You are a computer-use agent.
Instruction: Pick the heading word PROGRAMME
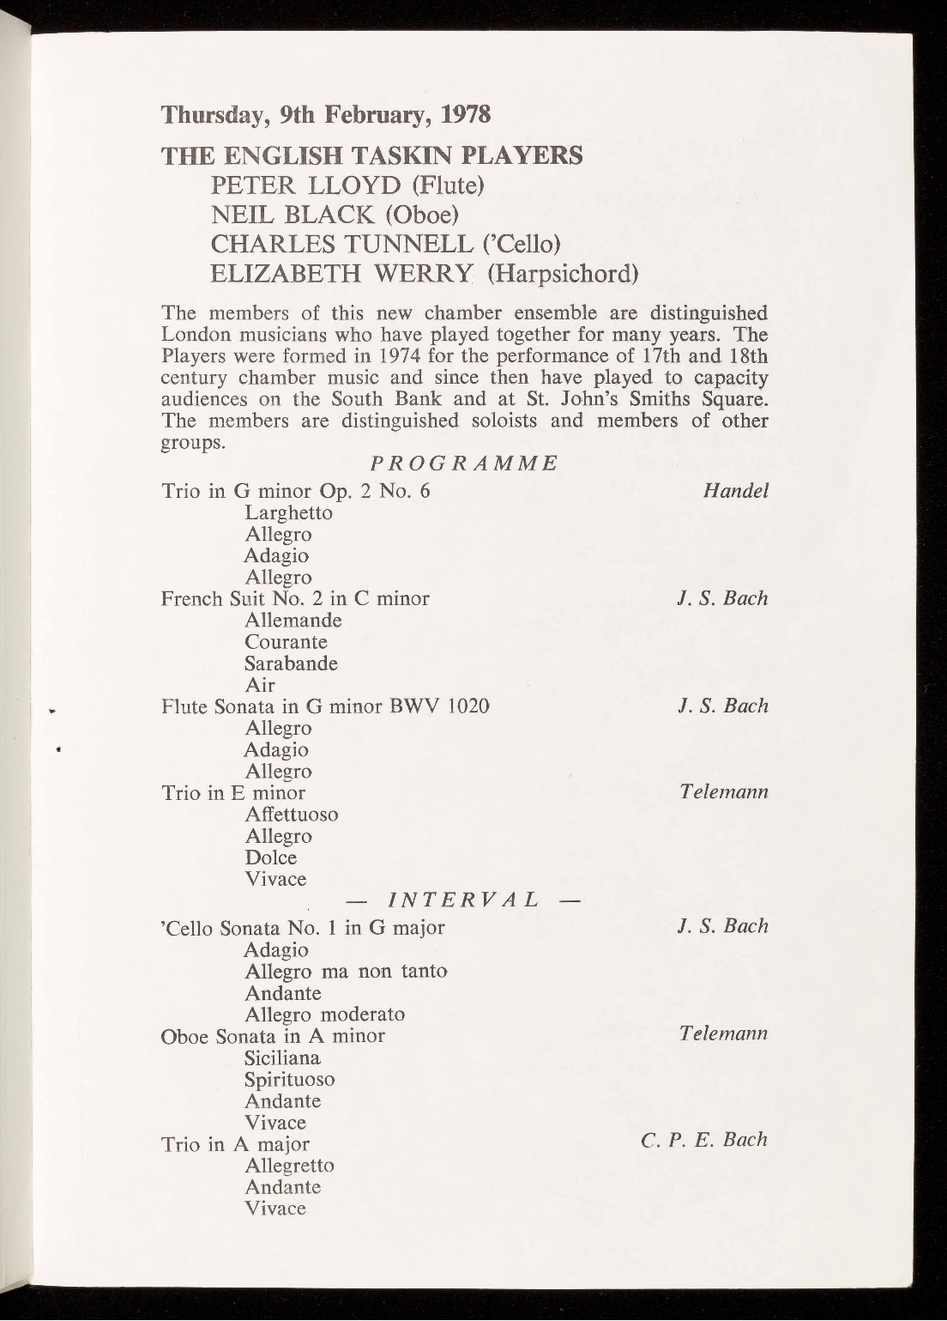pyautogui.click(x=464, y=464)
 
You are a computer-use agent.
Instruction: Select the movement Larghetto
pyautogui.click(x=288, y=512)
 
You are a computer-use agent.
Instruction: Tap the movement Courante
pyautogui.click(x=286, y=642)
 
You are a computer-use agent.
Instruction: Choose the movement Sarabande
pyautogui.click(x=291, y=664)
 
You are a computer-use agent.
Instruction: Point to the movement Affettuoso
pyautogui.click(x=291, y=814)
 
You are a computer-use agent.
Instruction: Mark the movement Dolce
pyautogui.click(x=270, y=857)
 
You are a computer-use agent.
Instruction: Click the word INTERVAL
pyautogui.click(x=463, y=900)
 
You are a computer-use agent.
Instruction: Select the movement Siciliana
pyautogui.click(x=282, y=1057)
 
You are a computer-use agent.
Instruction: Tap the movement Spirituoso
pyautogui.click(x=289, y=1079)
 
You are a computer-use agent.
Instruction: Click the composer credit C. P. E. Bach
pyautogui.click(x=703, y=1141)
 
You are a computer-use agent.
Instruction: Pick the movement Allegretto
pyautogui.click(x=289, y=1166)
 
